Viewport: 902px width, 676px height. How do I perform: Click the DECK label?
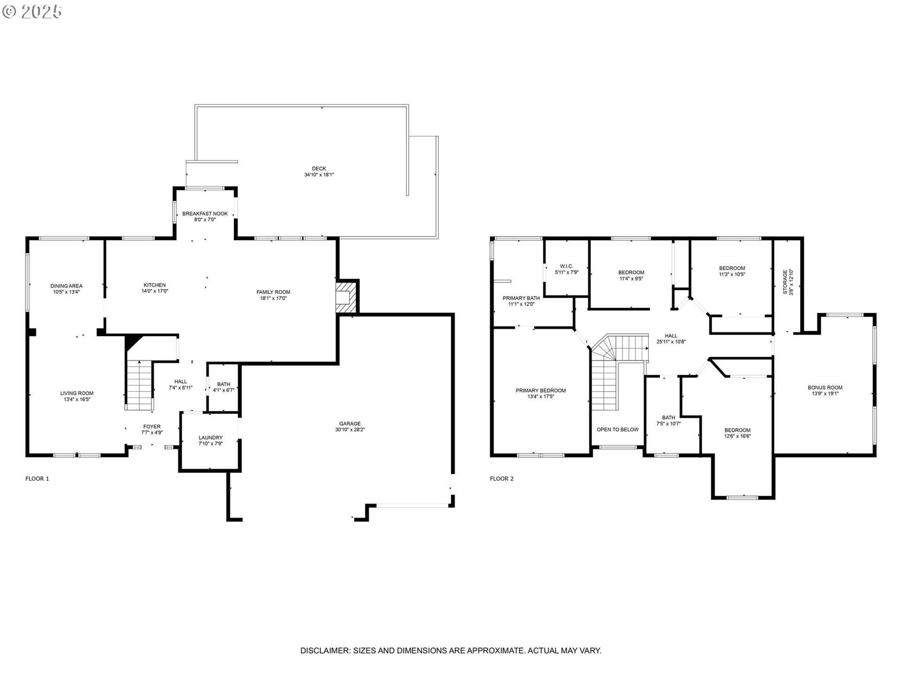319,169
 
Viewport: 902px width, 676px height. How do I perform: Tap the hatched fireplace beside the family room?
347,297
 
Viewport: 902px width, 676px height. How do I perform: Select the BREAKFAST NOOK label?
205,214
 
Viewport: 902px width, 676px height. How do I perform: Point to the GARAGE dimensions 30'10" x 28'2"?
350,430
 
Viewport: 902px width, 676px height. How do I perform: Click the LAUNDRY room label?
210,438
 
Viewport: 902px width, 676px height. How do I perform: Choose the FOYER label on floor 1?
152,427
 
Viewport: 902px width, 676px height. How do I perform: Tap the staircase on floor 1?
139,385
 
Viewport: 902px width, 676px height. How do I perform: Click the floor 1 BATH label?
224,384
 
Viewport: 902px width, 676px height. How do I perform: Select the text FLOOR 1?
37,479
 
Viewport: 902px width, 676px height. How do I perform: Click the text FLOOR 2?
502,479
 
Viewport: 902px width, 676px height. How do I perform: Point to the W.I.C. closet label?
567,266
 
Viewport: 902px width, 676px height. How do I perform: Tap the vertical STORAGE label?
785,282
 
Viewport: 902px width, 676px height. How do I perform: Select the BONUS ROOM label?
825,388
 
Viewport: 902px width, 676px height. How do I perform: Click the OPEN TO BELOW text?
618,430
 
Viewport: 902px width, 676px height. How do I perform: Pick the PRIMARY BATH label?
521,298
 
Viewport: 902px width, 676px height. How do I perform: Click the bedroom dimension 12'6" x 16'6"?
737,436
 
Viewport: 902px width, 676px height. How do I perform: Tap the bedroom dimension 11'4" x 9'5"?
631,278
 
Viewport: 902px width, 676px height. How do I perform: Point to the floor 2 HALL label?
671,336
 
